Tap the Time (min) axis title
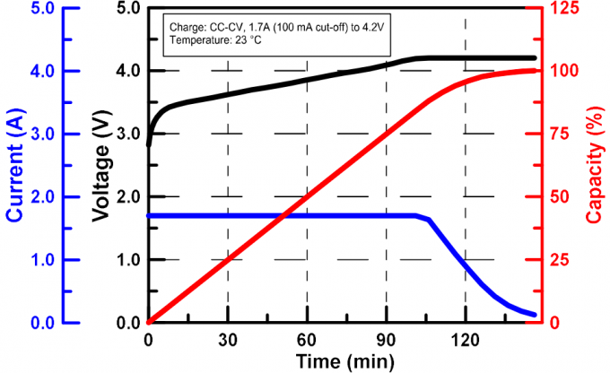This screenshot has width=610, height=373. point(342,360)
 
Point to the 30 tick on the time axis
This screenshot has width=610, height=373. point(228,340)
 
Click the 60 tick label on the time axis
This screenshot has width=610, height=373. point(307,340)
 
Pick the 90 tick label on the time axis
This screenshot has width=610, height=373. point(386,340)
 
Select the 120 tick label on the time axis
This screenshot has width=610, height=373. point(465,340)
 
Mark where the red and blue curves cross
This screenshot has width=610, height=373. point(284,215)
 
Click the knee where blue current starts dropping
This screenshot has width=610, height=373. point(418,215)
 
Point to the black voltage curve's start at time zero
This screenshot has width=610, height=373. point(149,143)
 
